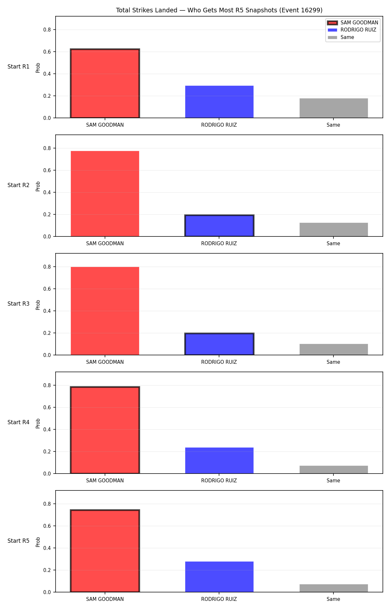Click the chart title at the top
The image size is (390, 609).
tap(219, 10)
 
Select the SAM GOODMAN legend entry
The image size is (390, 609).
tap(353, 23)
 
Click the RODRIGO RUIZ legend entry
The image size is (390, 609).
tap(352, 30)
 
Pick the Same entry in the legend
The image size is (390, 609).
tap(341, 37)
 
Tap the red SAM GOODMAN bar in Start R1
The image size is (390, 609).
tap(105, 83)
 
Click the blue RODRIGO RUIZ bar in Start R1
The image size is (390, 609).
tap(219, 102)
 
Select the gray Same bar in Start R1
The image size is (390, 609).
tap(334, 108)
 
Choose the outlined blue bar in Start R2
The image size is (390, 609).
tap(219, 226)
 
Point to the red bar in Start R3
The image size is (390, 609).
tap(105, 311)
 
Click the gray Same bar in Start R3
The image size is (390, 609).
tap(334, 349)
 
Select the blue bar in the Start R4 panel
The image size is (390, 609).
tap(219, 461)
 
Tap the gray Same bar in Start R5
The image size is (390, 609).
tap(334, 588)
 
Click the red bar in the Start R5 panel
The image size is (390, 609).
tap(105, 551)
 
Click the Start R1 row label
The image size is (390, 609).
tap(19, 67)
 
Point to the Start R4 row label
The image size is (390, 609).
tap(19, 422)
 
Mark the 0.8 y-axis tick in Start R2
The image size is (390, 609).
tap(47, 148)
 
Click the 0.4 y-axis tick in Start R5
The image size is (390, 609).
tap(47, 548)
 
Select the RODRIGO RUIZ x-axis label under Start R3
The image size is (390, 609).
tap(219, 362)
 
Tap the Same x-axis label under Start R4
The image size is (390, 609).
tap(333, 481)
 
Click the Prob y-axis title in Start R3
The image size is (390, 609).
tap(38, 305)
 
